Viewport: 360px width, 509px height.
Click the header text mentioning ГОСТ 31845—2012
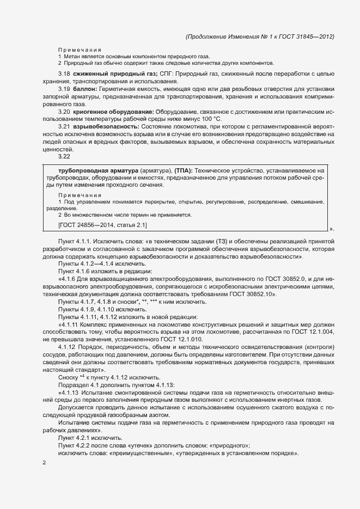260,36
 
